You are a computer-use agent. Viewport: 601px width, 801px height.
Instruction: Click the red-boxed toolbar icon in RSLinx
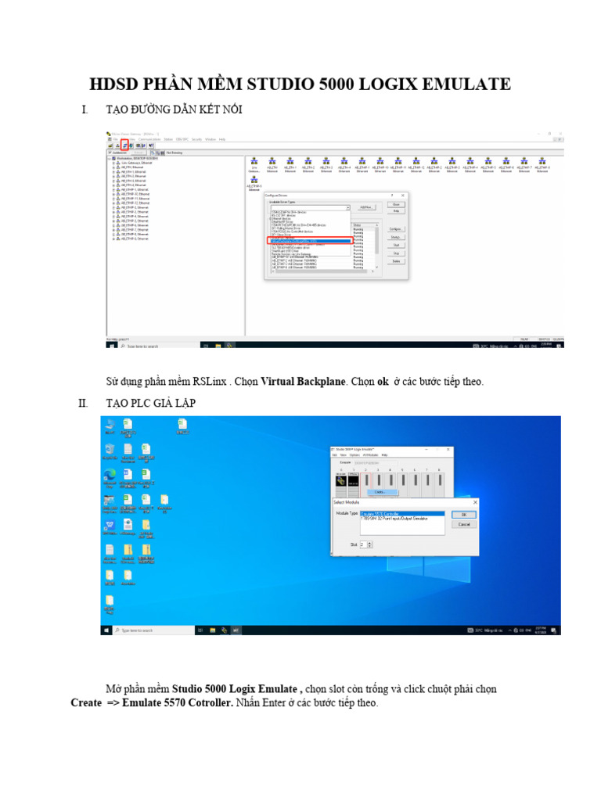(x=124, y=145)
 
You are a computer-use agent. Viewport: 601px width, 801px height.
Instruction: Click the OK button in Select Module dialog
(x=463, y=514)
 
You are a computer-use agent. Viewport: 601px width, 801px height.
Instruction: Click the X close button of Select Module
(x=475, y=501)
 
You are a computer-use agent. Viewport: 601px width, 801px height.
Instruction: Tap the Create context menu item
(x=380, y=492)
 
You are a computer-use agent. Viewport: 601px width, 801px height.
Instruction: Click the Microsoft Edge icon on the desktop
(x=109, y=475)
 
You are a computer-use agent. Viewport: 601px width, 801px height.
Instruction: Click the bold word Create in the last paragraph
(x=86, y=703)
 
